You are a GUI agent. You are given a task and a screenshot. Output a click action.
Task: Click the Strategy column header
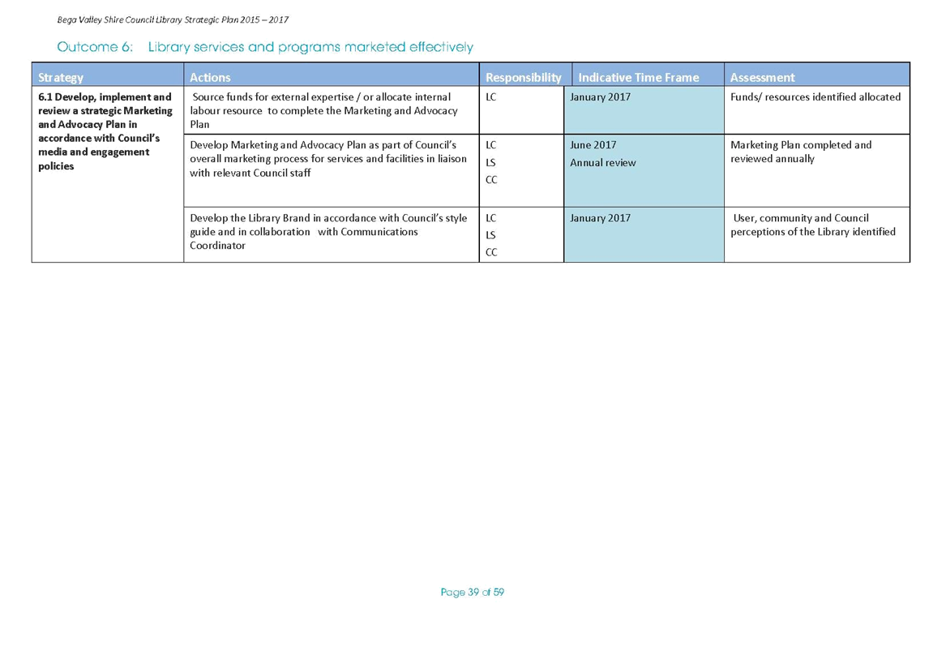[60, 77]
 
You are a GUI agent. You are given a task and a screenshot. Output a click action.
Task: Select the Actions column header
[210, 77]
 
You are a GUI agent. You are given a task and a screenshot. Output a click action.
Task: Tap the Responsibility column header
[523, 77]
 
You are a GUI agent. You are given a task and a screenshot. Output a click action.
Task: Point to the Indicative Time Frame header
[638, 77]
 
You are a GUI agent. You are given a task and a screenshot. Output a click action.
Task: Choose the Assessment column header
[762, 77]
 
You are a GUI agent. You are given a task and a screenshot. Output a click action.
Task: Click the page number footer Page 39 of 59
[473, 593]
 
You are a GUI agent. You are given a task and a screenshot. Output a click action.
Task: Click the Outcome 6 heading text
[265, 47]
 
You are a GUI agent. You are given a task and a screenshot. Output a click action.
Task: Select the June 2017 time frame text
[593, 145]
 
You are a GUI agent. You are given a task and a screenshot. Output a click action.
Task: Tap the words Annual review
[603, 162]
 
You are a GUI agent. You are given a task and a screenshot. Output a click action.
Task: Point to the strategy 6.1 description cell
[105, 131]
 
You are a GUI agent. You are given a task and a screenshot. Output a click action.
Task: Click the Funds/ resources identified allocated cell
[815, 96]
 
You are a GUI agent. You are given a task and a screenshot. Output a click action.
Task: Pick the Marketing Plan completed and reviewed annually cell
[801, 152]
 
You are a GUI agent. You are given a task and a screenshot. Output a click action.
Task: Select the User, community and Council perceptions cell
[813, 225]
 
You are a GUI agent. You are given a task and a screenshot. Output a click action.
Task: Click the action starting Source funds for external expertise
[323, 110]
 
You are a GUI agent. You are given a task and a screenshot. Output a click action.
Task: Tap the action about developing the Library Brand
[328, 232]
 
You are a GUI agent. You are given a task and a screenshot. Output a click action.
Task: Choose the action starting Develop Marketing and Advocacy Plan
[328, 159]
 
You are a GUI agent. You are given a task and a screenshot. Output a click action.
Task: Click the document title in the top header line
[173, 20]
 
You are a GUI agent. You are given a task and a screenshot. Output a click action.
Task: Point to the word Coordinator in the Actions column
[217, 246]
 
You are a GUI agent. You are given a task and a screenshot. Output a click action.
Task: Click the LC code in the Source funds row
[490, 96]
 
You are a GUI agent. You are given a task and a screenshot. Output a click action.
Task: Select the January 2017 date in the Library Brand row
[601, 218]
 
